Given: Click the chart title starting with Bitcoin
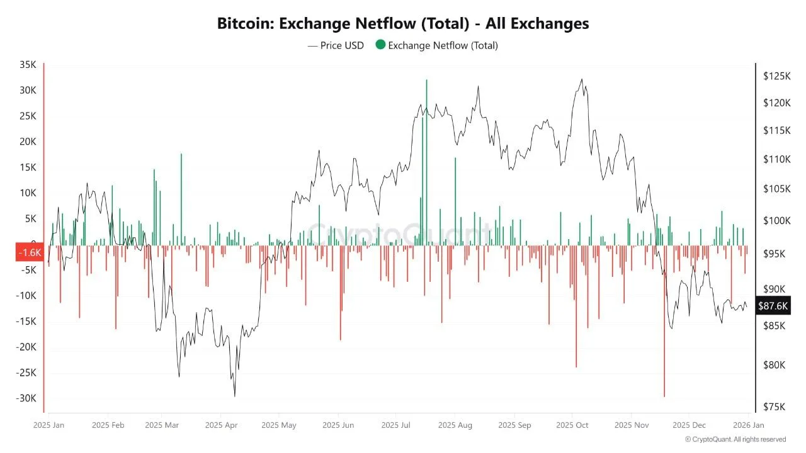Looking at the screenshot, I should pyautogui.click(x=403, y=23).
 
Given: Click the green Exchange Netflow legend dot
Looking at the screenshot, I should pyautogui.click(x=380, y=45).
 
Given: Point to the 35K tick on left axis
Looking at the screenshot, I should pyautogui.click(x=28, y=64).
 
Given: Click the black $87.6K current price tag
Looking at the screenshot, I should pyautogui.click(x=773, y=306).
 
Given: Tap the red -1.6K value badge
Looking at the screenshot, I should pyautogui.click(x=29, y=252).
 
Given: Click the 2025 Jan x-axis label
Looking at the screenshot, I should pyautogui.click(x=48, y=425).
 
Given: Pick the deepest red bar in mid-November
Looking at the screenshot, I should pyautogui.click(x=664, y=321).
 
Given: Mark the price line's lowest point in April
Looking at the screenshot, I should pyautogui.click(x=235, y=396).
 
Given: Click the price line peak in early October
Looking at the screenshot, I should pyautogui.click(x=581, y=79).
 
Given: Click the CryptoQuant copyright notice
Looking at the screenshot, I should pyautogui.click(x=735, y=439).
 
